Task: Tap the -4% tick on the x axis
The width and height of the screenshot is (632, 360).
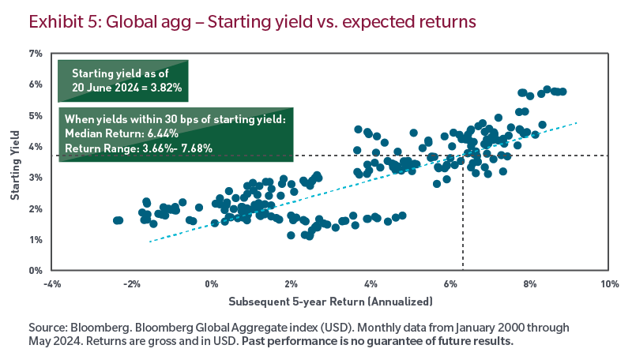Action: (x=52, y=283)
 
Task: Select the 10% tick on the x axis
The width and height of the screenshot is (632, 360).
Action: (x=608, y=283)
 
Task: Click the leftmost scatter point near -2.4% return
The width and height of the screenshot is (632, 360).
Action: (x=117, y=220)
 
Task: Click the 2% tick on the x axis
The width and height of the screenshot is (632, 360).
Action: (x=291, y=283)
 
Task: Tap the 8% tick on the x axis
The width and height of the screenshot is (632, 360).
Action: (x=529, y=283)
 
